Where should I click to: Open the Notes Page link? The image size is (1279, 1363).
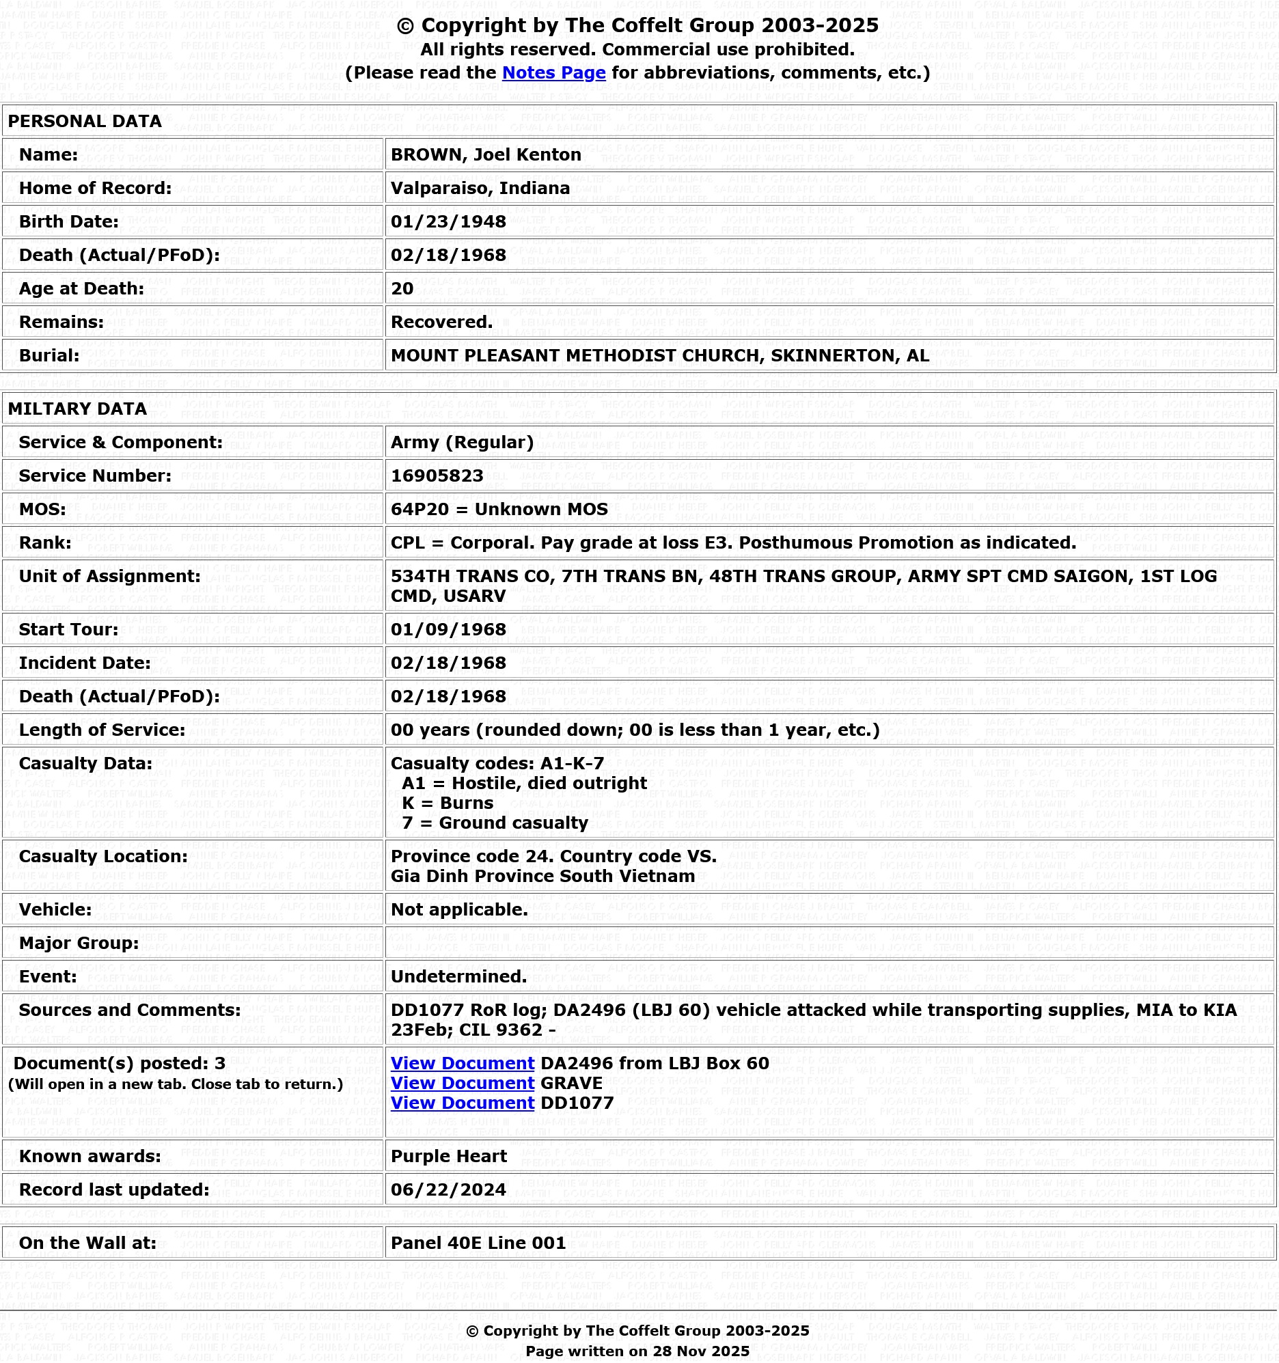pos(553,72)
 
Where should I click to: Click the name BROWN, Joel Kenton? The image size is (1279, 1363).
pos(486,154)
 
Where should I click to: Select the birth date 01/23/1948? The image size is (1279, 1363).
pos(448,221)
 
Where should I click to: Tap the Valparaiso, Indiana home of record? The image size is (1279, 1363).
pos(480,188)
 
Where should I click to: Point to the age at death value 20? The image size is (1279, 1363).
pos(402,288)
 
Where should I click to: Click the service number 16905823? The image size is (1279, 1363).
pos(437,476)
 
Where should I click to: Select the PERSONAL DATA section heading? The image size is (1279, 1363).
pos(84,122)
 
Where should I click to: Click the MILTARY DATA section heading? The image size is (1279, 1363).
pos(77,409)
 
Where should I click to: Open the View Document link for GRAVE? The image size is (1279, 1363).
pos(463,1084)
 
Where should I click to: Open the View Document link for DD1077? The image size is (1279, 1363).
pos(463,1103)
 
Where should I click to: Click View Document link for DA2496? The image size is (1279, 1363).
pos(463,1063)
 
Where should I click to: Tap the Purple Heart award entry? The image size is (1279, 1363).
pos(448,1157)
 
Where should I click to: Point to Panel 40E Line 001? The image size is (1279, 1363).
pos(478,1243)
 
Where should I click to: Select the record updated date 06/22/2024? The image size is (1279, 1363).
pos(448,1190)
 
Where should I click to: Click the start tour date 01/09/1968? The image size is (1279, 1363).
pos(448,629)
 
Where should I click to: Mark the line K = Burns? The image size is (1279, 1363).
pos(447,803)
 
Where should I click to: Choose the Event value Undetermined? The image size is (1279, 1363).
pos(458,977)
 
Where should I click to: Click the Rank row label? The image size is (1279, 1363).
pos(45,543)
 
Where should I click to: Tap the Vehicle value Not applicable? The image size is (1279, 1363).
pos(459,910)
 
